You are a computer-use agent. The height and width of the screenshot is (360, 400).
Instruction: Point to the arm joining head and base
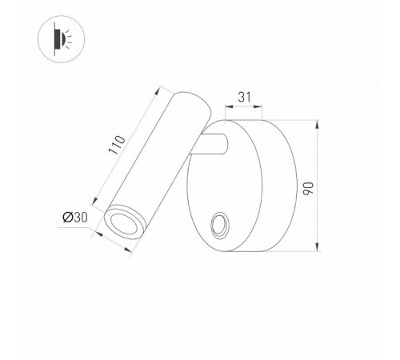tap(211, 146)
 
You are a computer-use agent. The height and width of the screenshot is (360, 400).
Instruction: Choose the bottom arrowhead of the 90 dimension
tap(318, 248)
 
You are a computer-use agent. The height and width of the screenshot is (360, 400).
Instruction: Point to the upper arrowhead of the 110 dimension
tap(157, 86)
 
